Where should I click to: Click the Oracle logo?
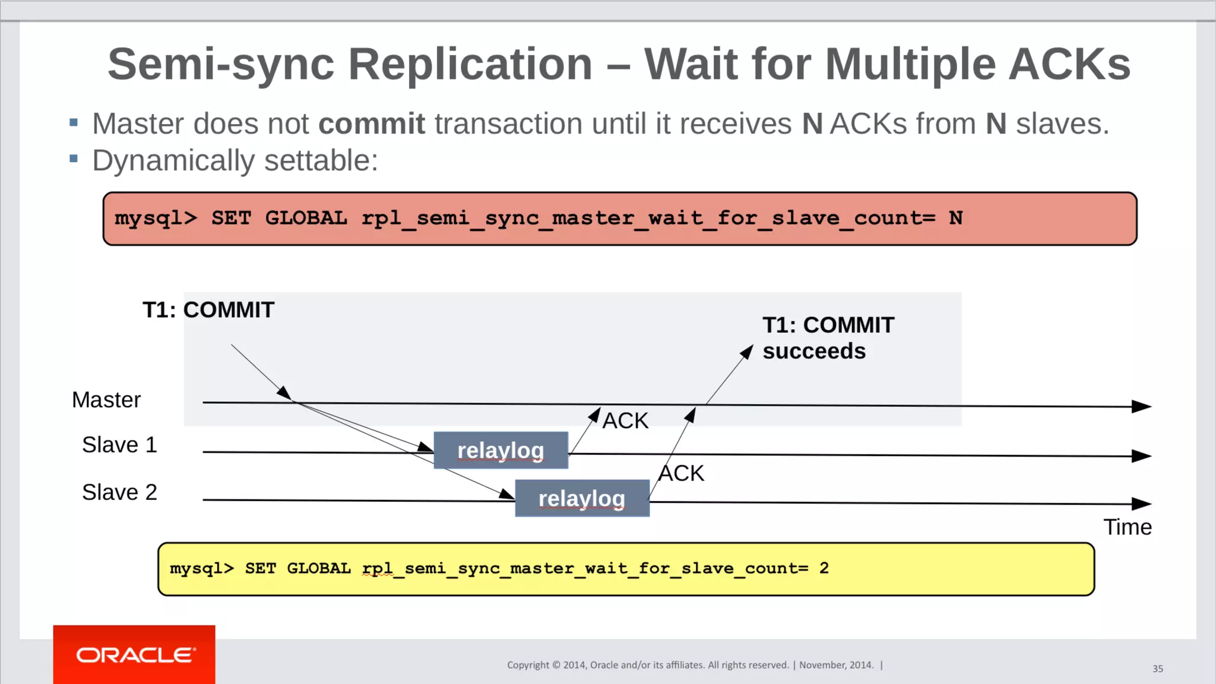135,655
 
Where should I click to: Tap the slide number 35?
1157,669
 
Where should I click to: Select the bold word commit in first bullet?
372,124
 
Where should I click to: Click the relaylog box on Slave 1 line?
501,451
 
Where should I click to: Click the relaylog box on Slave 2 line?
582,499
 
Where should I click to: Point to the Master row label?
106,400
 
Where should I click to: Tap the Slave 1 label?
119,445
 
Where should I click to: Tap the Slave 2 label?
119,492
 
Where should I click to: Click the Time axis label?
1127,527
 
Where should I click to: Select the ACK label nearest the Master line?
625,421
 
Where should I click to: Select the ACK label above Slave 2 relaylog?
681,473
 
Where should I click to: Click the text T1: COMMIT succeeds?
828,338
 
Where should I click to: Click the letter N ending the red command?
955,218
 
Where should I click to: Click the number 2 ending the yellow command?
824,568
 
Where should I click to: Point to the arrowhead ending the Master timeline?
1142,406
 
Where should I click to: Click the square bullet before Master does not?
74,123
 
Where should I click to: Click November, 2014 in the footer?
836,665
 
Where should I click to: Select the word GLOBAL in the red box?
306,218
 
